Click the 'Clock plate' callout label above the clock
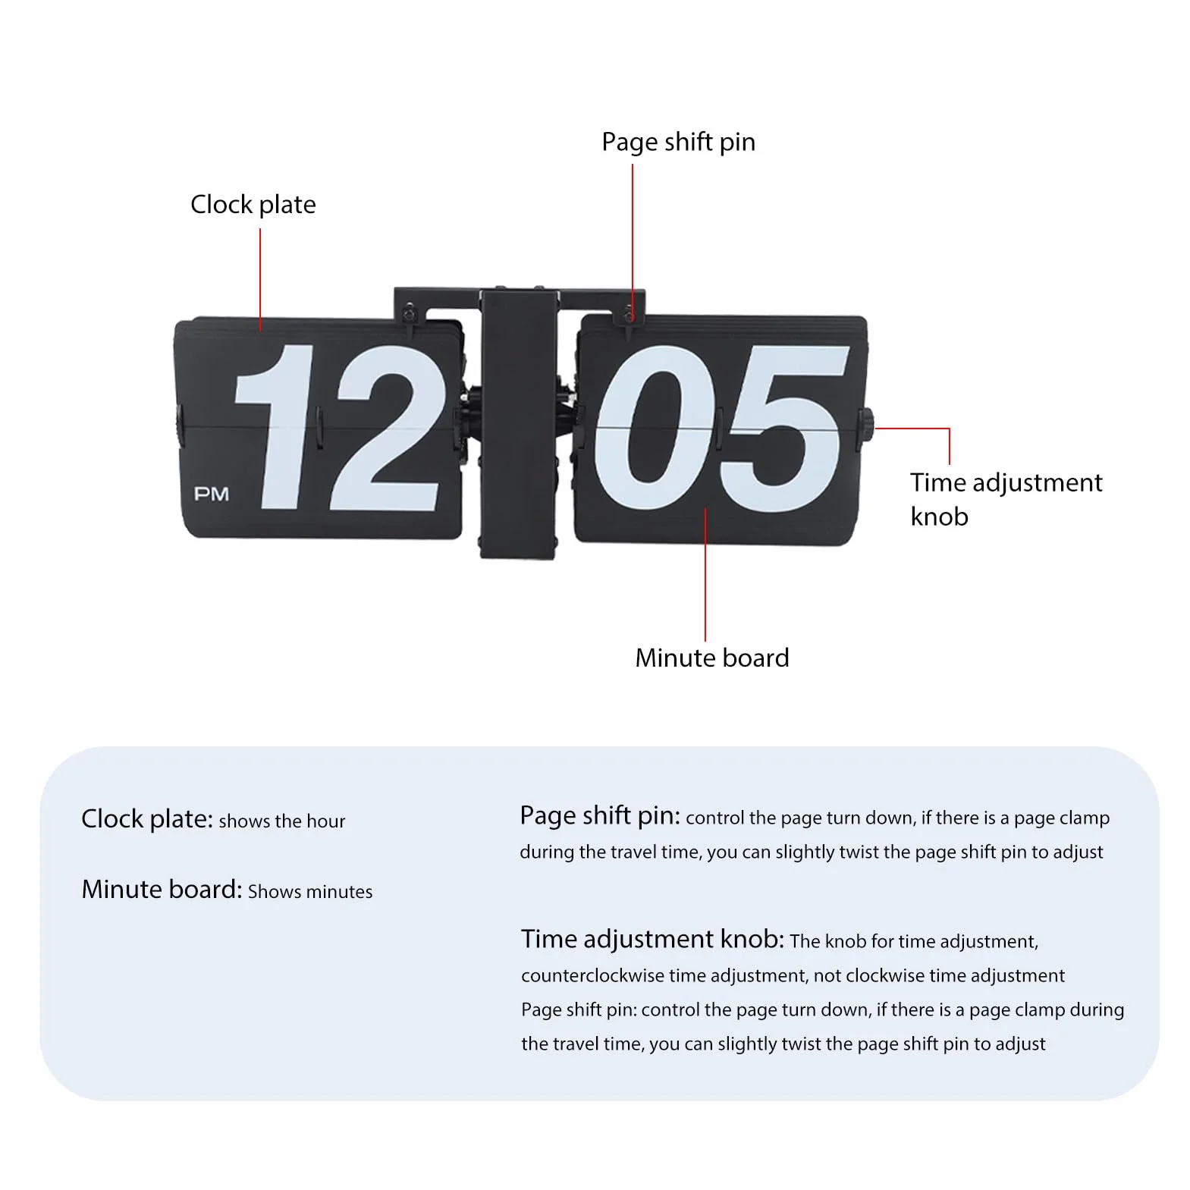coord(253,205)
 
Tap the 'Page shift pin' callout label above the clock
coord(678,143)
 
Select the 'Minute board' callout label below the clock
coord(712,658)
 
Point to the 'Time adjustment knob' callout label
coord(1006,499)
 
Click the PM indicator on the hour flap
coord(212,495)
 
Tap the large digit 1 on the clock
coord(275,426)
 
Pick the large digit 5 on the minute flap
coord(783,430)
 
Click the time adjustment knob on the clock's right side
coord(865,425)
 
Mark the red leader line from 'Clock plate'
coord(260,280)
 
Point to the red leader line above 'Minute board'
coord(705,575)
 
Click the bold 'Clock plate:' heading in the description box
coord(148,819)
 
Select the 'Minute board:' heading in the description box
coord(162,890)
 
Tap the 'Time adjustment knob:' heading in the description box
coord(652,940)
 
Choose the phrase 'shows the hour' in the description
coord(282,821)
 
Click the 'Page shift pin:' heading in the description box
coord(600,816)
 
